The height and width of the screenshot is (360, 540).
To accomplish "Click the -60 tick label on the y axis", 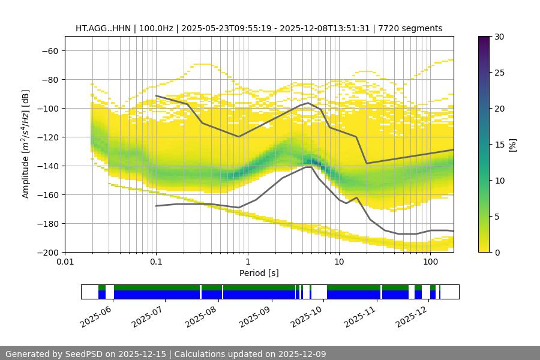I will click(x=50, y=50).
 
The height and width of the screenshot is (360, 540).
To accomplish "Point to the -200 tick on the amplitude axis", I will click(x=47, y=252).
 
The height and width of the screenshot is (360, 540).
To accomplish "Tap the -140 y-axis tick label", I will click(x=47, y=166).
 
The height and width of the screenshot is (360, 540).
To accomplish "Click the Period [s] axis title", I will click(x=259, y=273).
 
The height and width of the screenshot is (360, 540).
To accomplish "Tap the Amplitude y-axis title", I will click(x=26, y=144).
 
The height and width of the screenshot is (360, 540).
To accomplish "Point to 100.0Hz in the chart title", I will click(x=157, y=28).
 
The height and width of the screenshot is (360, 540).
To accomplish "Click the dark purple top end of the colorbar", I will click(x=484, y=39).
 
